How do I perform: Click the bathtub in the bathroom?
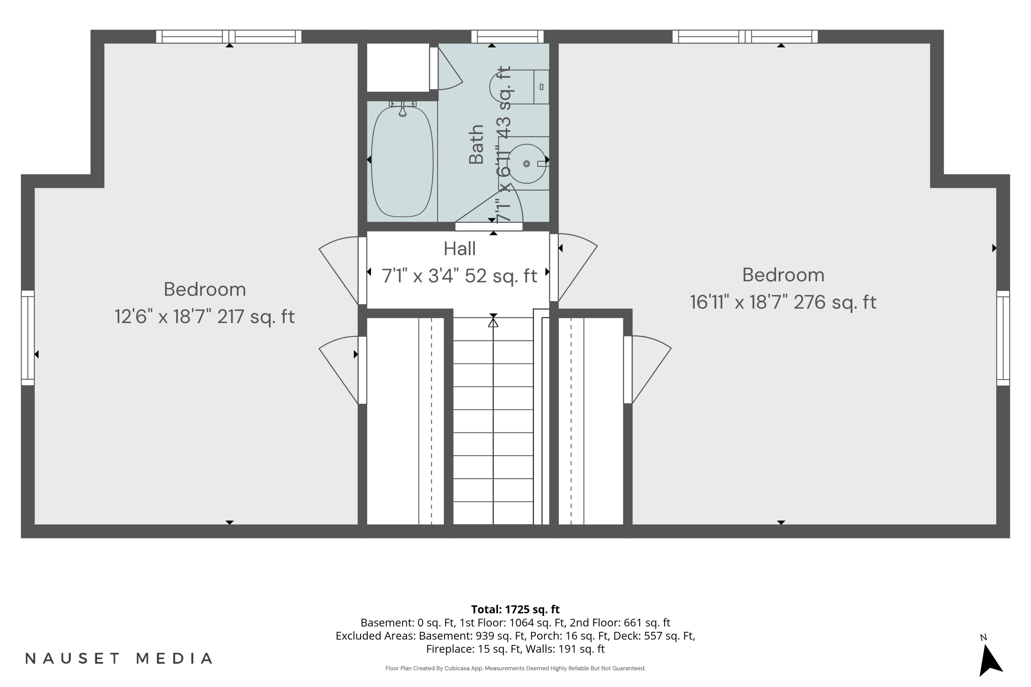tap(402, 161)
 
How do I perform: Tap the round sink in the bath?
tap(526, 164)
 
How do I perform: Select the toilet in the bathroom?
tap(519, 87)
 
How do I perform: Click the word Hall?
tap(459, 249)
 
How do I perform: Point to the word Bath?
tap(476, 145)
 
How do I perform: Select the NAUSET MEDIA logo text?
tap(119, 658)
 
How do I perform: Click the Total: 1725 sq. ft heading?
tap(515, 609)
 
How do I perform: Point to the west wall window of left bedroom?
tap(27, 338)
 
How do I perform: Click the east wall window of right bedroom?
tap(1004, 338)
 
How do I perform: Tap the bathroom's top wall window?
tap(508, 36)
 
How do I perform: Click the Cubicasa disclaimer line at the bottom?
tap(515, 668)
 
